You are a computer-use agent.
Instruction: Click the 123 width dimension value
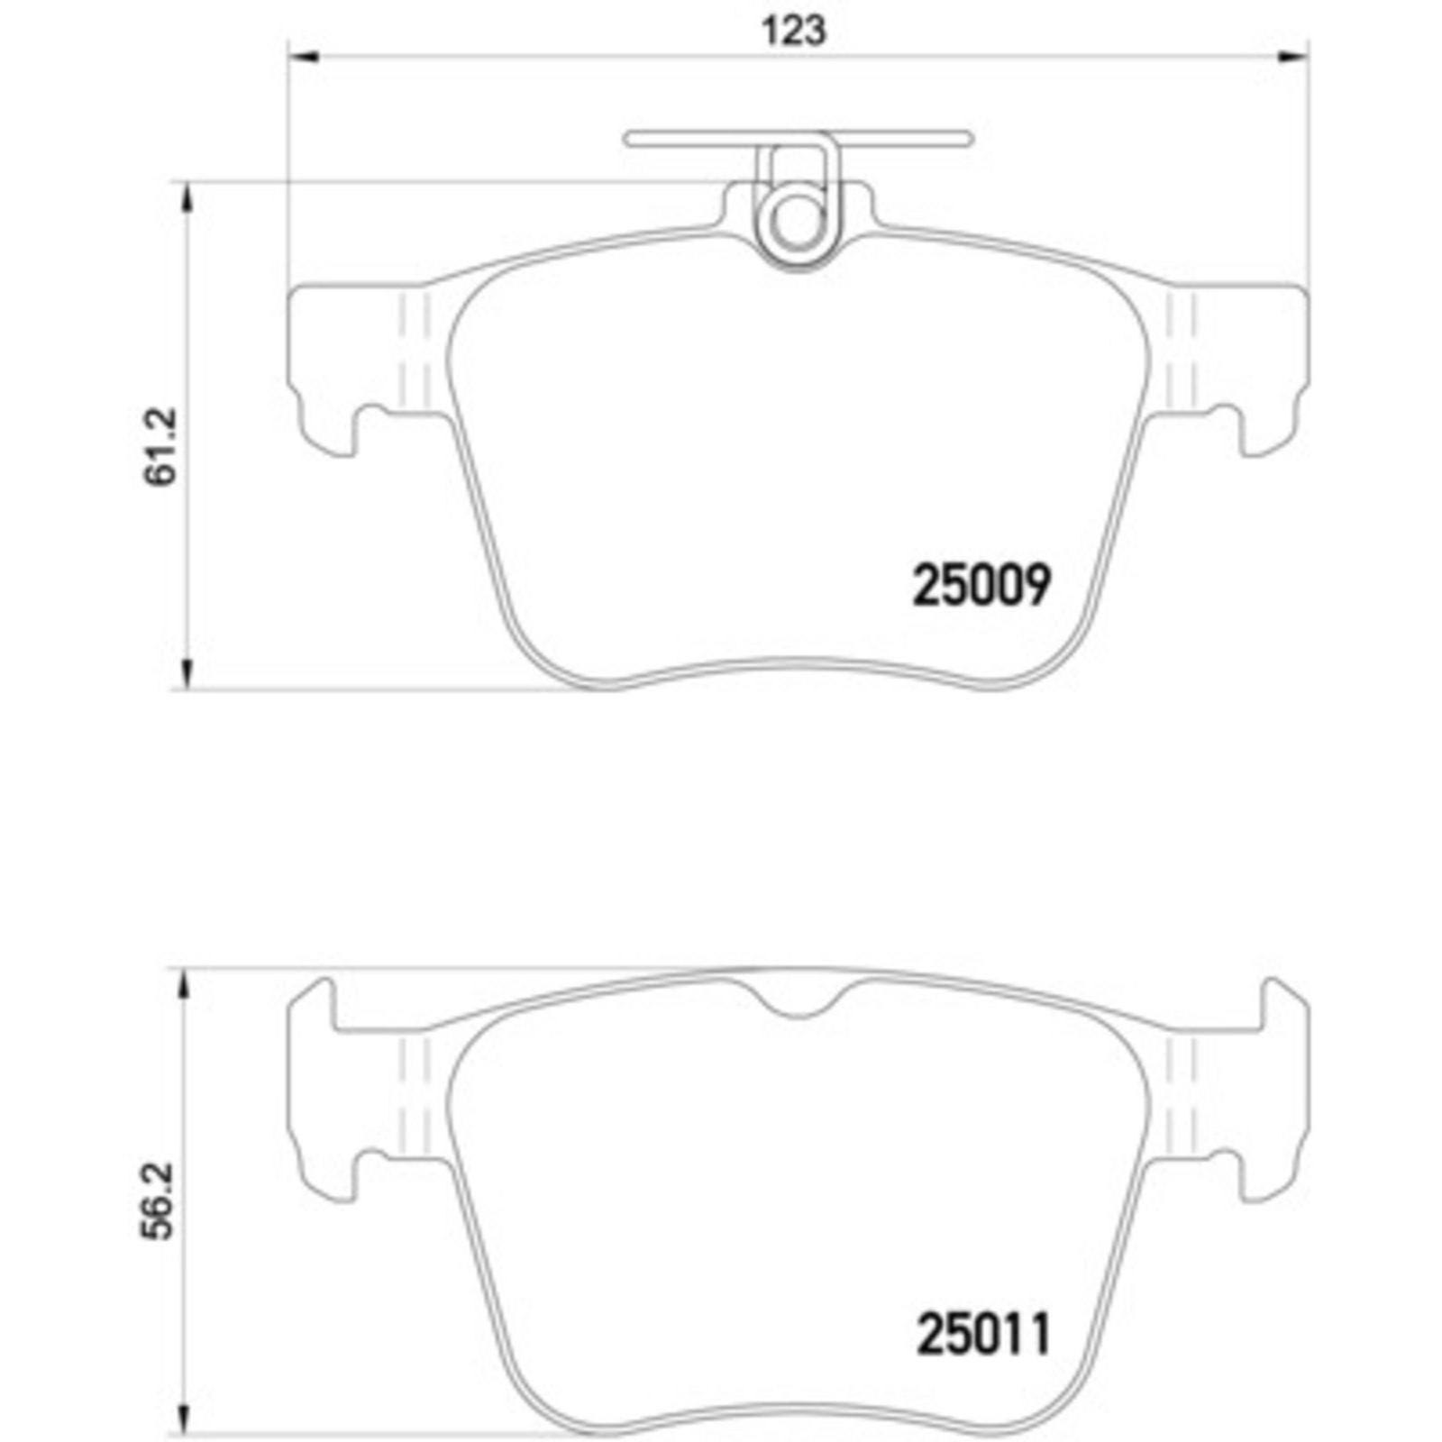(793, 31)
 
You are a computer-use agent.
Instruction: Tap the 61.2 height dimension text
(163, 448)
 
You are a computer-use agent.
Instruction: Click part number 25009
(981, 586)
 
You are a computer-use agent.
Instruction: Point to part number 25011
(983, 1334)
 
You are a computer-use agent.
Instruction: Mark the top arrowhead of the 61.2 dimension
(187, 196)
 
